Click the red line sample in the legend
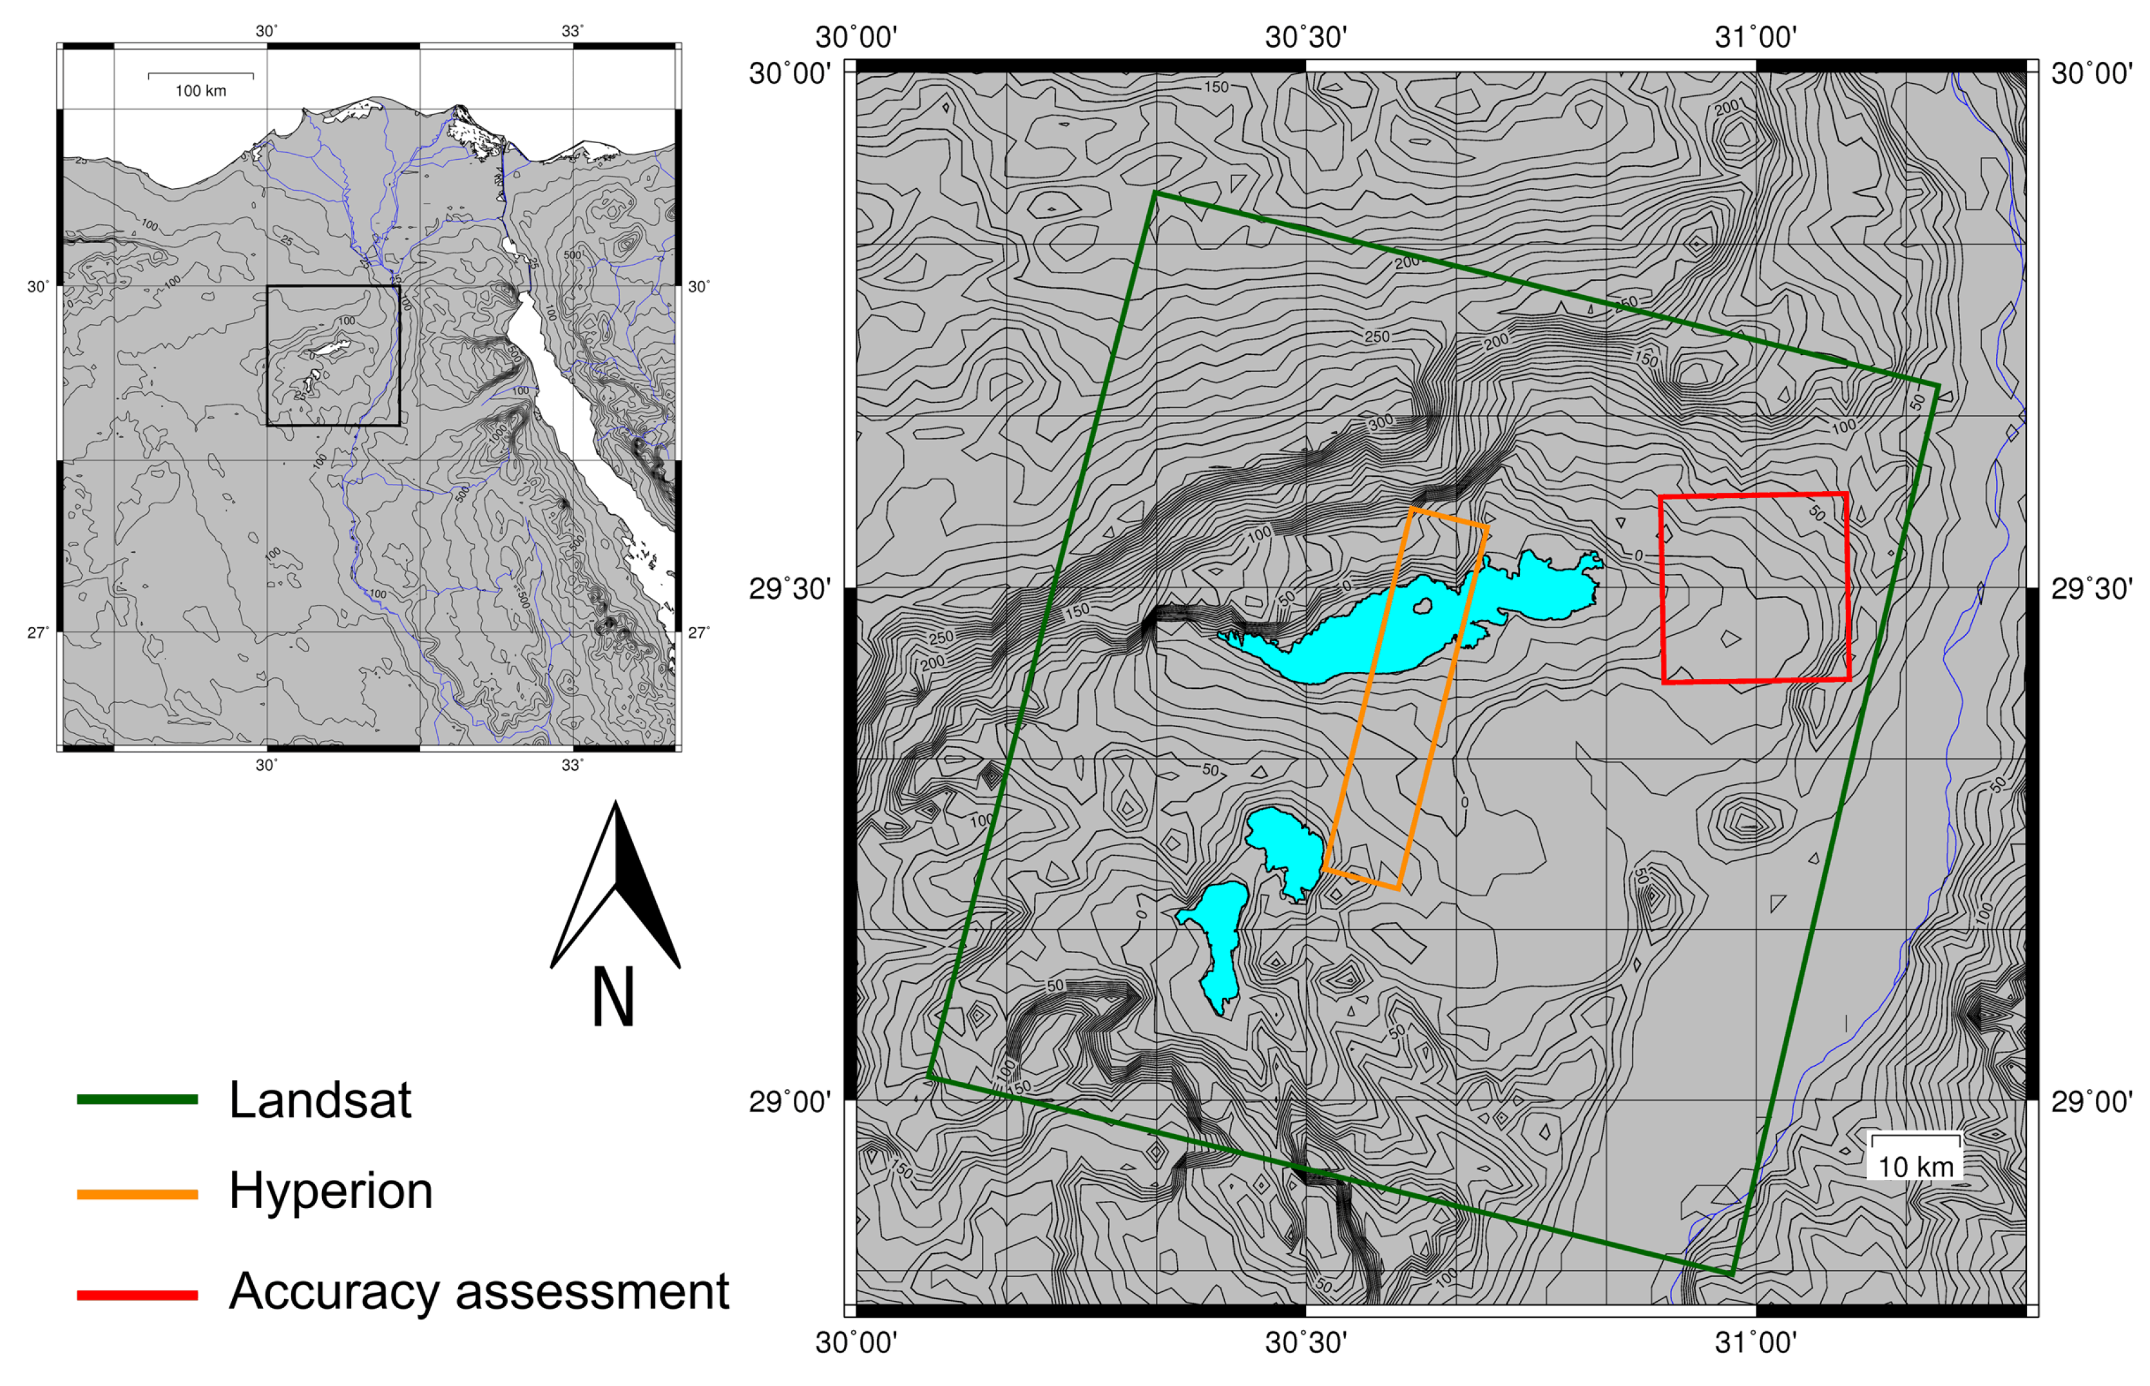tap(137, 1295)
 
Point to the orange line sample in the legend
tap(137, 1194)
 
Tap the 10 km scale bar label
tap(1915, 1168)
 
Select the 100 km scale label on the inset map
tap(200, 91)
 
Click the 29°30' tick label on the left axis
tap(790, 590)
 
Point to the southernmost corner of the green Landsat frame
tap(1731, 1275)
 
